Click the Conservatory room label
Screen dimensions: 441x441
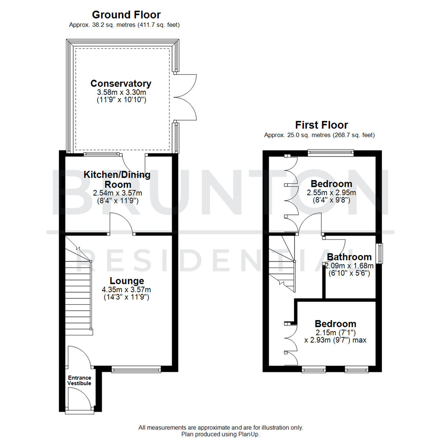[x=120, y=84]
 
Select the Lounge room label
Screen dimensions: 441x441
[x=127, y=281]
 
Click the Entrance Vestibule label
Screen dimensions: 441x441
[x=79, y=381]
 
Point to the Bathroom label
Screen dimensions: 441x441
[x=349, y=257]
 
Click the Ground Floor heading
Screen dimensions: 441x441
[x=126, y=15]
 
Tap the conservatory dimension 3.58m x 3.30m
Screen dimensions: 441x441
[x=120, y=93]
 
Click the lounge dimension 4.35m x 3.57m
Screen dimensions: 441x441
[x=127, y=290]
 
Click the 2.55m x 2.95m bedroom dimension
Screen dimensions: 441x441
[x=331, y=192]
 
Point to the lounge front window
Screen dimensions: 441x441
[x=136, y=370]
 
